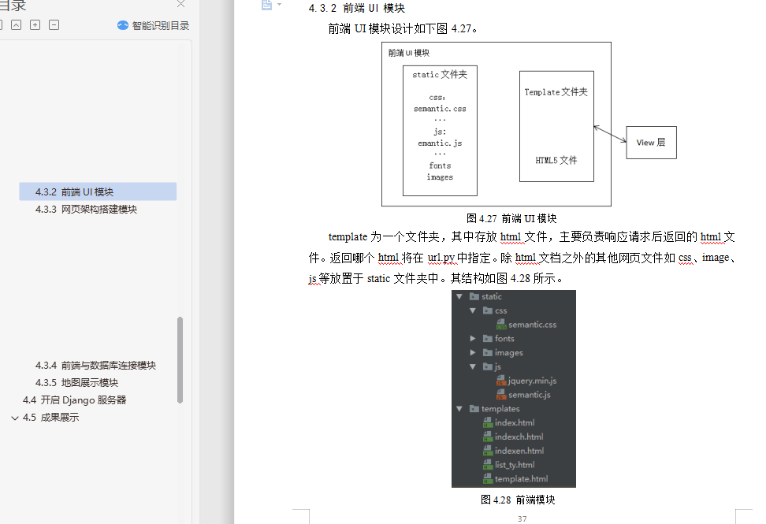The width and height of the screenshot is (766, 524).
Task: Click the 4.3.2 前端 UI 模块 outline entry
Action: [x=74, y=192]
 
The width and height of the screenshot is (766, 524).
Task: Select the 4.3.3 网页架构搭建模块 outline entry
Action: [x=86, y=210]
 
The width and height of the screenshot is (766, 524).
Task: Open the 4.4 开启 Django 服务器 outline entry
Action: [x=74, y=400]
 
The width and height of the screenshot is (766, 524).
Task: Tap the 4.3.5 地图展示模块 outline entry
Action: [x=76, y=382]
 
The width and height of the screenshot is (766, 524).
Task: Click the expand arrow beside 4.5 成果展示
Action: [x=15, y=418]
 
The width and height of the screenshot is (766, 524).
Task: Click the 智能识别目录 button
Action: [x=154, y=25]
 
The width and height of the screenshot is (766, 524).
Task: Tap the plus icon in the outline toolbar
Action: [x=35, y=25]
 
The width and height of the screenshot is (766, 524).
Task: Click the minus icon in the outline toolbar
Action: [x=54, y=25]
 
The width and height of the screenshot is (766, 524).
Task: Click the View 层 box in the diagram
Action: [x=651, y=143]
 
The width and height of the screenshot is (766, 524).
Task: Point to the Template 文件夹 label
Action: [x=556, y=92]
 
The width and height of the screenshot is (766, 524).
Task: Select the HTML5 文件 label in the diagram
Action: [x=556, y=160]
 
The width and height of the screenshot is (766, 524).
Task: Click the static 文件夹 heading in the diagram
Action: [x=440, y=74]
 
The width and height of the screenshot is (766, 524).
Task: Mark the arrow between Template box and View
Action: [x=610, y=134]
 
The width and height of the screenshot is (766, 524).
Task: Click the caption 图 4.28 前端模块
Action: [x=518, y=500]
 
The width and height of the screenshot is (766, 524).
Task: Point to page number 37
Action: [x=522, y=518]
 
